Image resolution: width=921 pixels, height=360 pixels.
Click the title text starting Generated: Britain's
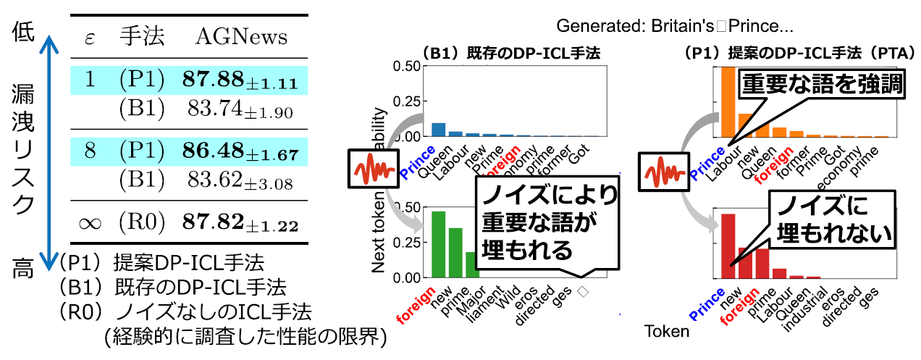675,27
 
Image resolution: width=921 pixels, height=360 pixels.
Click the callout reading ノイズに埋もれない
832,219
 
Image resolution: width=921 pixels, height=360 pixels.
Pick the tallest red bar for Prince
728,246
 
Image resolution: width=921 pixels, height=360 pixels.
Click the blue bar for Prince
438,130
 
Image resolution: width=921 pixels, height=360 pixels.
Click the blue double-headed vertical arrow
48,151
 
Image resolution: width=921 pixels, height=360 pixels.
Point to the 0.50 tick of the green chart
405,207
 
